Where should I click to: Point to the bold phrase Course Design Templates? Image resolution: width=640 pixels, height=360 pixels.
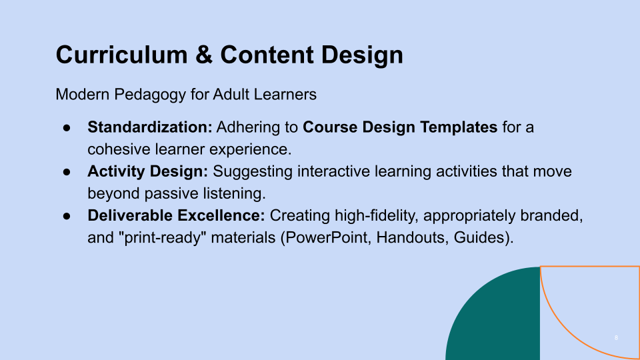(x=400, y=127)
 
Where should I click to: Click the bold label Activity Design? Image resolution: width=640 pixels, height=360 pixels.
(x=148, y=171)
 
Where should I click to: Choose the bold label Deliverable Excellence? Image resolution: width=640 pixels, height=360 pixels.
(x=177, y=215)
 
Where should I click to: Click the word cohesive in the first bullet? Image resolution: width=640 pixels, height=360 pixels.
(x=115, y=149)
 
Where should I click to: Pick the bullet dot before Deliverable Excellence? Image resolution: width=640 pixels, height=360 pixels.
(x=67, y=216)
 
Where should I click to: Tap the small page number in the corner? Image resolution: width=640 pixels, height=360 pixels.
(x=616, y=339)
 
